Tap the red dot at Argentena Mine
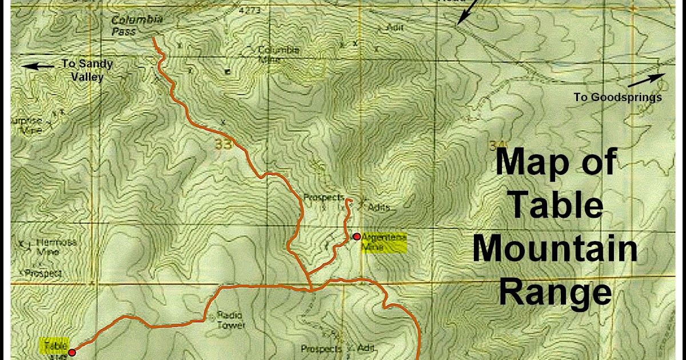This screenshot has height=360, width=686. pos(357,237)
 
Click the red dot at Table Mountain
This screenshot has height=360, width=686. pos(72,353)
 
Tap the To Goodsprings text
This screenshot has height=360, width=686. pos(617,97)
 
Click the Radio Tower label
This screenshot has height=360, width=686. pos(231,320)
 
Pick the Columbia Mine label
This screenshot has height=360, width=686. pos(278,54)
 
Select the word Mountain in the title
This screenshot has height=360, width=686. pos(555,250)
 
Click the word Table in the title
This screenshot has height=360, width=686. pos(555,206)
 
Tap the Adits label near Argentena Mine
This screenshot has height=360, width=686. pos(378,207)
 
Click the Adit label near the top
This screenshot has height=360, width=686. pos(395,27)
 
